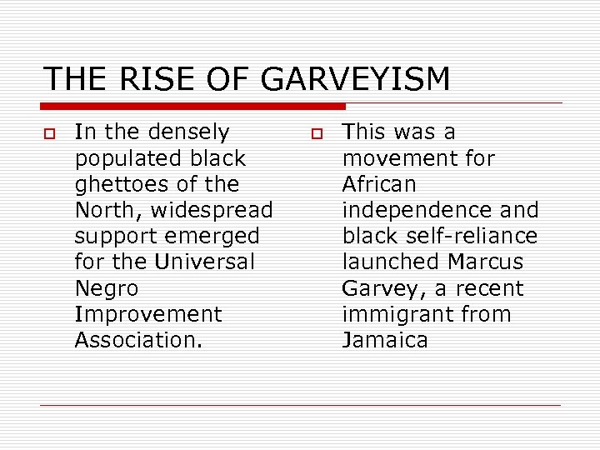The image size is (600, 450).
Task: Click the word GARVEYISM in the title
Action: tap(355, 79)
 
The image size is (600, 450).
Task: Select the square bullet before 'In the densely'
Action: tap(50, 133)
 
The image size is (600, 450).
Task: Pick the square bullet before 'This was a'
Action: tap(317, 133)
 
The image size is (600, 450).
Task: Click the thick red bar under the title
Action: tap(193, 106)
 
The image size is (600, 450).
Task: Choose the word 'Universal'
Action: tap(205, 262)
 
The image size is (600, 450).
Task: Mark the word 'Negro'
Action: tap(107, 288)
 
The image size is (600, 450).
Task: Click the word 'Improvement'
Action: tap(149, 314)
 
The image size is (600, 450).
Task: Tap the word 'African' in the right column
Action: tap(379, 184)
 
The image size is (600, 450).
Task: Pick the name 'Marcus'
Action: tap(485, 262)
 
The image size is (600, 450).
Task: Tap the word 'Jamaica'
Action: tap(385, 340)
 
